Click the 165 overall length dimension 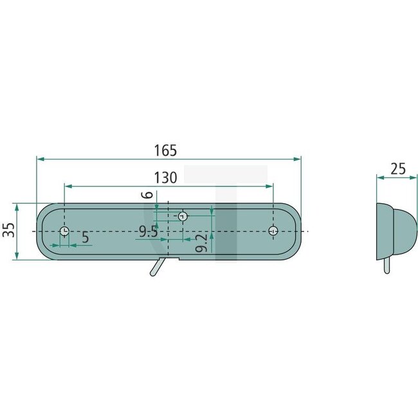coord(165,150)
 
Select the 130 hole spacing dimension coord(165,178)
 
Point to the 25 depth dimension coord(398,169)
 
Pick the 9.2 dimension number coord(201,244)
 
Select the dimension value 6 coord(147,196)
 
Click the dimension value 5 coord(86,237)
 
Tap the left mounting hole coord(64,232)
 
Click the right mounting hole coord(273,231)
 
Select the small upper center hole coord(183,216)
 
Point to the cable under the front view coord(156,267)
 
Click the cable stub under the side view coord(386,266)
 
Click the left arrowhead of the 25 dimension coord(379,178)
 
